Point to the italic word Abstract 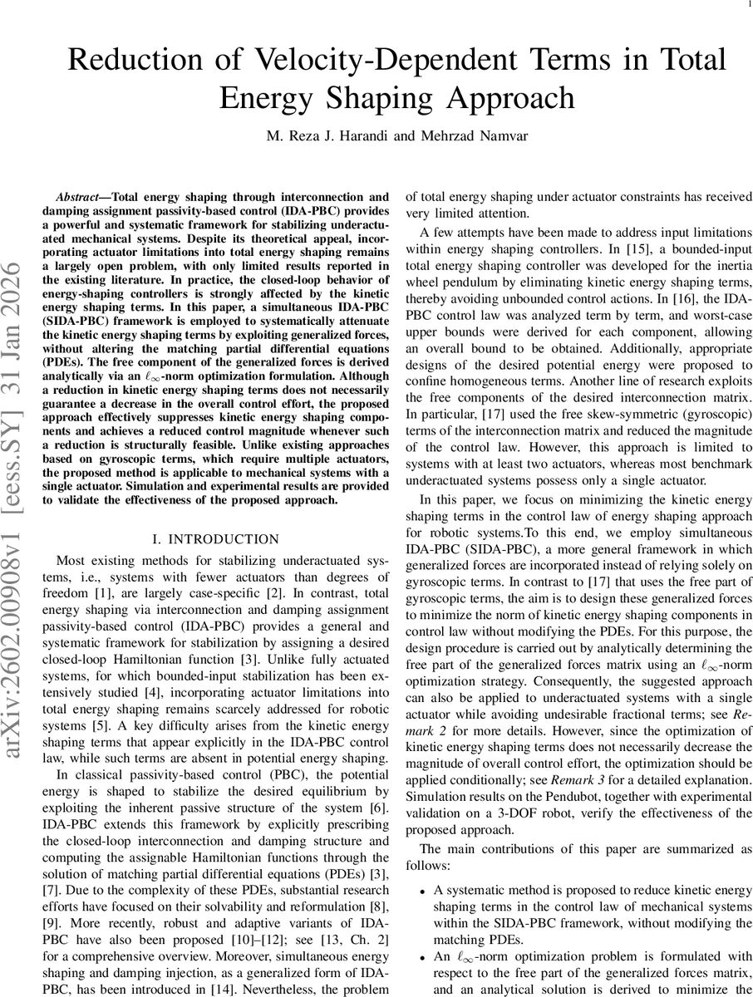79,198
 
